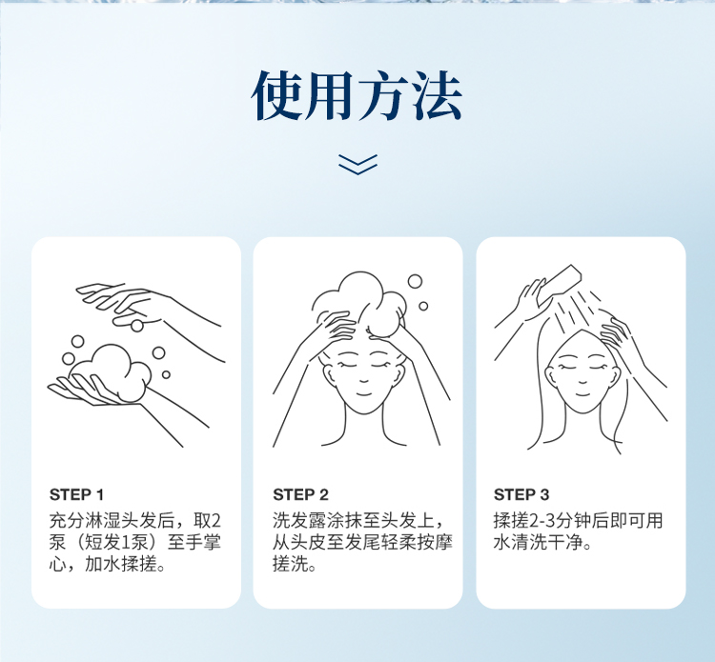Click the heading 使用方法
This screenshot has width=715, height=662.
(357, 96)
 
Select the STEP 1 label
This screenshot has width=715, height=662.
(76, 494)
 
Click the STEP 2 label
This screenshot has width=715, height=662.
(300, 494)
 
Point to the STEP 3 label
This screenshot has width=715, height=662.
(521, 494)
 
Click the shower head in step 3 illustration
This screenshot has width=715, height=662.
(560, 284)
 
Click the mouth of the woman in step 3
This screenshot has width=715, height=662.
(582, 393)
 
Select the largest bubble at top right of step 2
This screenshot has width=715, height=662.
(415, 281)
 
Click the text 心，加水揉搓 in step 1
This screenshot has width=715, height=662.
(107, 564)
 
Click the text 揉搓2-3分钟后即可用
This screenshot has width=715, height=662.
(578, 520)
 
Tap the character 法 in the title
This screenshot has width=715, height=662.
(437, 96)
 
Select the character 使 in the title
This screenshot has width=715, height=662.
(276, 96)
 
